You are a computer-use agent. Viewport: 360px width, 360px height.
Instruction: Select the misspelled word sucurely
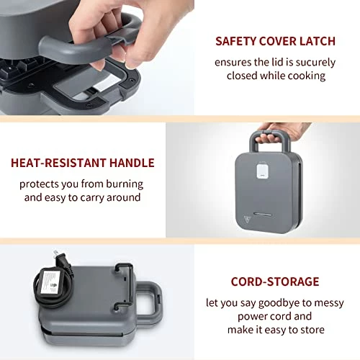315,63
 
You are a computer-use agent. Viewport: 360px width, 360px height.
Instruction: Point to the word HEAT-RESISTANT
58,163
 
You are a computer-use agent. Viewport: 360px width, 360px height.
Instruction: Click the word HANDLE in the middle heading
132,163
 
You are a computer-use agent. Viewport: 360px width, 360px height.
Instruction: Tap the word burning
125,184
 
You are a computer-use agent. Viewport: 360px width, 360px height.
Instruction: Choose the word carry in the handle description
92,198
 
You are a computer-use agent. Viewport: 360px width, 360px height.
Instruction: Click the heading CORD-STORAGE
275,282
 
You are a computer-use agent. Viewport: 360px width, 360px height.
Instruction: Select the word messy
329,304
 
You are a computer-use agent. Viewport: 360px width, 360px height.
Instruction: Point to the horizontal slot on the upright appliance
262,214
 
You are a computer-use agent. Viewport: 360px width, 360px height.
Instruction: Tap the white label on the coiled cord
50,282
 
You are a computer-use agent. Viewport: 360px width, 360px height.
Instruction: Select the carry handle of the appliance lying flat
150,302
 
